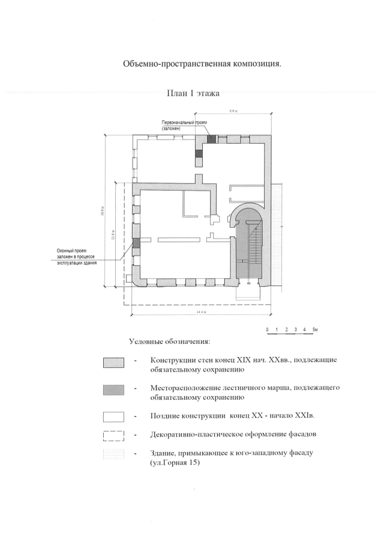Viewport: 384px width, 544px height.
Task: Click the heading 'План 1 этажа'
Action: click(194, 94)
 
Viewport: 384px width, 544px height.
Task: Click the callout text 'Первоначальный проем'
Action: click(184, 122)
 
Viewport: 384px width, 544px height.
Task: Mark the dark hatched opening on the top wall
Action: click(211, 139)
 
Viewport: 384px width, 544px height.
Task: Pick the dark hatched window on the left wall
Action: click(136, 243)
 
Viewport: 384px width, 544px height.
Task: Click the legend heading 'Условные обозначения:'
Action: click(169, 342)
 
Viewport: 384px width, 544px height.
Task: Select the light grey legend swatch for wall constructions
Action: click(113, 363)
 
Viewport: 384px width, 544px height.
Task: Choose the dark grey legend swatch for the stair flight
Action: click(113, 391)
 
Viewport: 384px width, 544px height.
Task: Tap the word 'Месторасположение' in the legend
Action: click(188, 388)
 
